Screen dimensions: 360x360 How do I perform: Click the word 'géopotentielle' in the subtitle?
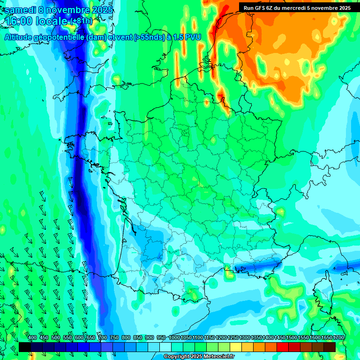pos(60,37)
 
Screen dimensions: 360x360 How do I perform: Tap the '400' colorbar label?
pos(32,338)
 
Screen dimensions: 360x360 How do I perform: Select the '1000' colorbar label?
pos(174,338)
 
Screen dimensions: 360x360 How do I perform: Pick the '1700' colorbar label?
pos(338,338)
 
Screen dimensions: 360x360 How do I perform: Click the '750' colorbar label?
pos(114,338)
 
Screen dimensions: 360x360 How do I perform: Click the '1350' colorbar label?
pos(256,338)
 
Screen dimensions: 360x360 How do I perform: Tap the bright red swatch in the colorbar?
pos(283,347)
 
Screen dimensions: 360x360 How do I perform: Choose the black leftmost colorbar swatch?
pos(25,347)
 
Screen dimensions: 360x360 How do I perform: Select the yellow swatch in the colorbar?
pos(236,347)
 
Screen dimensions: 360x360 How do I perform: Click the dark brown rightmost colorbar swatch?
pos(330,347)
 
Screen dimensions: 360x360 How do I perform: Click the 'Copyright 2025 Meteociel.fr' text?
pos(198,357)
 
